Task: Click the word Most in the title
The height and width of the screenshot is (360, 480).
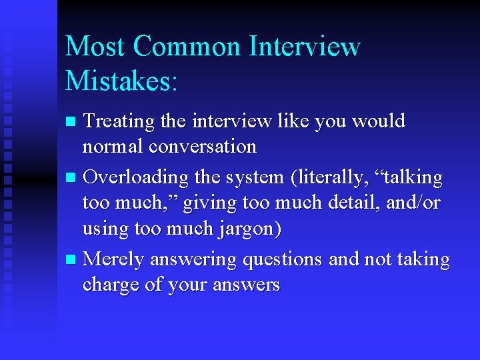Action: (95, 47)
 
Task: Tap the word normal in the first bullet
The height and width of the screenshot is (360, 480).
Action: (113, 146)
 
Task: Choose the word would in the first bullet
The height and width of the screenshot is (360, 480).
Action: (378, 121)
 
